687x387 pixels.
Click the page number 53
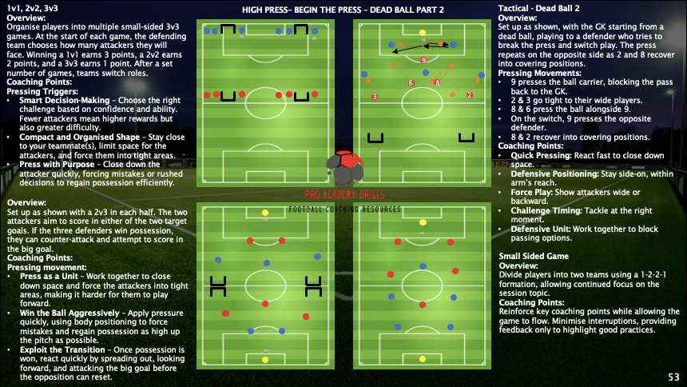673,376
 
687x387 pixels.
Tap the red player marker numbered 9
423,60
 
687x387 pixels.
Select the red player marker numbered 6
411,82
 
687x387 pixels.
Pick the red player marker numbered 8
437,82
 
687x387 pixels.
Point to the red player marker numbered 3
375,97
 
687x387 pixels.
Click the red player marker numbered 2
469,95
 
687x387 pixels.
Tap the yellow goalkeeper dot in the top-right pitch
422,33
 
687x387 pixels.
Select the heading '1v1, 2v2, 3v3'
31,7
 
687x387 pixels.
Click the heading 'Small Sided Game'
534,256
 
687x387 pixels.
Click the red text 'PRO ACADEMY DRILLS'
343,194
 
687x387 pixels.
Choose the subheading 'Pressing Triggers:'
39,91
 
